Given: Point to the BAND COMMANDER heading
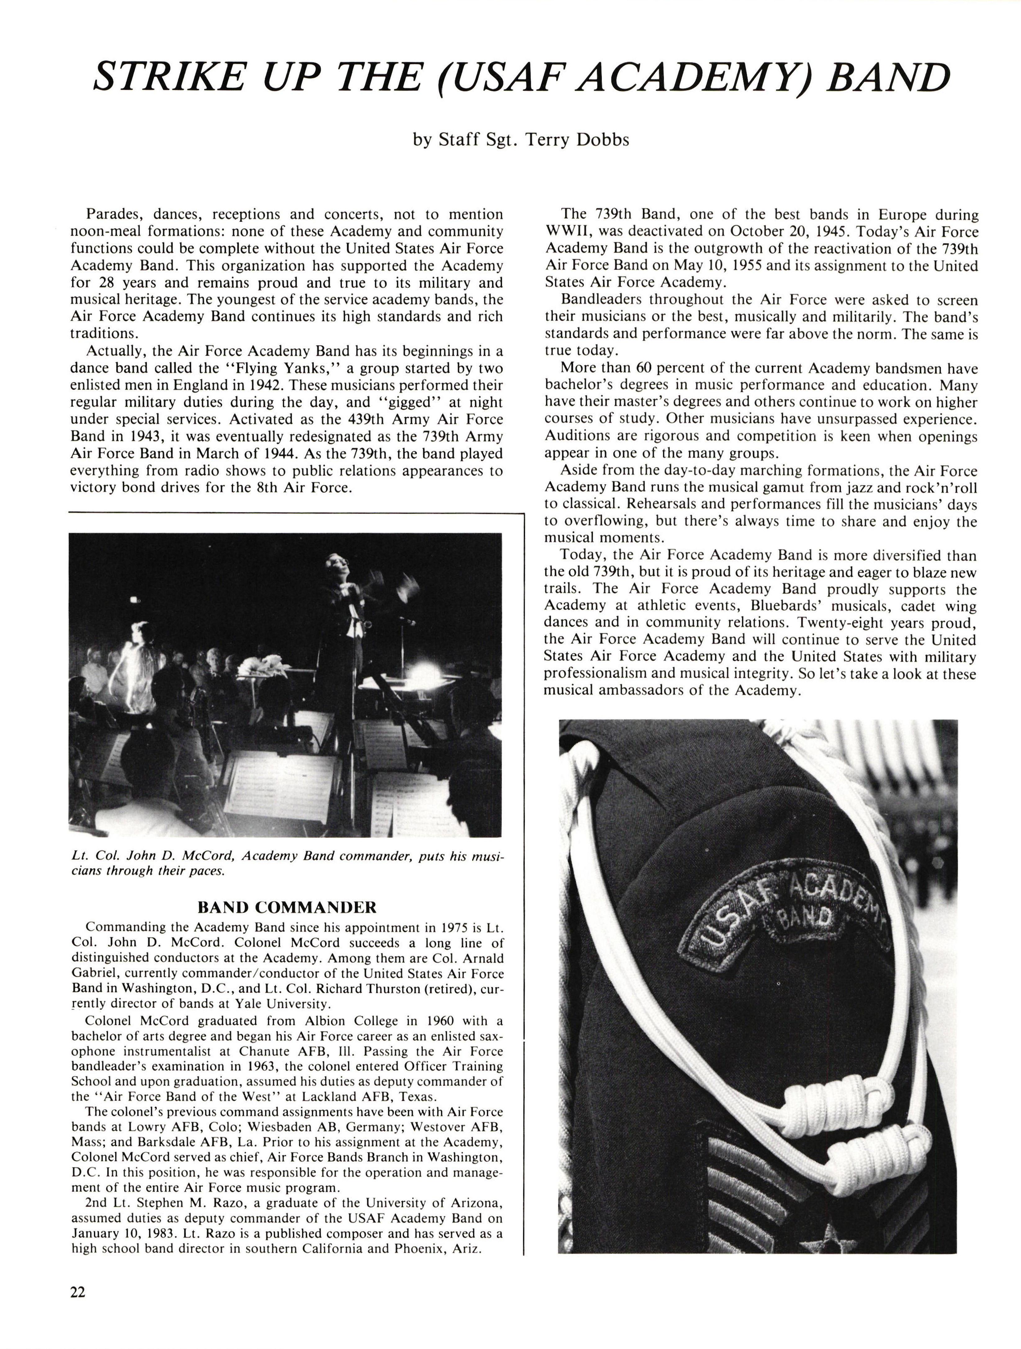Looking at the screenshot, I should [x=287, y=907].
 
